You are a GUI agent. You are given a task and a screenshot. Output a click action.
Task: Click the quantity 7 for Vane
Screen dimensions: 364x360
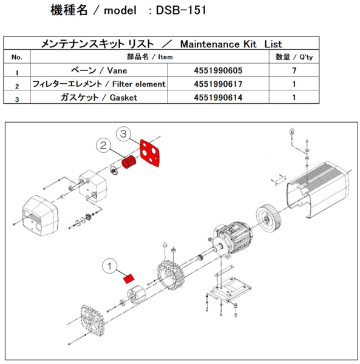coord(294,70)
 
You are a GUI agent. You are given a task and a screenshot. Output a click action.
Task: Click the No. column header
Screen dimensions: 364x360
coord(17,57)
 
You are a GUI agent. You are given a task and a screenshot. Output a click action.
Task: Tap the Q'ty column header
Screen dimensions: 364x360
coord(294,57)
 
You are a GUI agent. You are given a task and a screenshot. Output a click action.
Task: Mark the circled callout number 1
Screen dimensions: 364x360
coord(110,265)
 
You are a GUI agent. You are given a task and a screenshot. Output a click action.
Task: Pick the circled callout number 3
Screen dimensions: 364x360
coord(123,132)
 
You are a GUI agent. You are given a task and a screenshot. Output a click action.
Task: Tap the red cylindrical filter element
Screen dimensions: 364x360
coord(128,164)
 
